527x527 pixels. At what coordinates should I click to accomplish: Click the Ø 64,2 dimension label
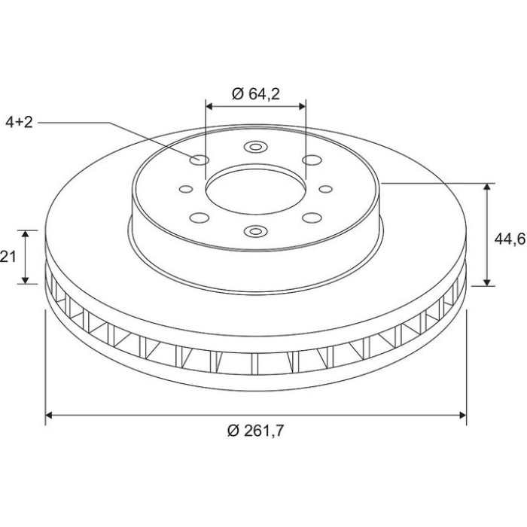256,94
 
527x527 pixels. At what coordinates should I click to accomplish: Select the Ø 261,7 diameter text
256,431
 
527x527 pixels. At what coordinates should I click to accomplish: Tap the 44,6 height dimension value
510,239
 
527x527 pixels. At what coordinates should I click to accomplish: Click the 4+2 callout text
19,122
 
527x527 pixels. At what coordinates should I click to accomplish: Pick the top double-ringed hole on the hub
255,147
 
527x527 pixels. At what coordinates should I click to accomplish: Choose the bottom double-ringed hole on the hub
255,231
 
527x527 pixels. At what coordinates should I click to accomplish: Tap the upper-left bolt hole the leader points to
200,160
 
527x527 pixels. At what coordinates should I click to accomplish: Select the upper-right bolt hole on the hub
312,160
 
